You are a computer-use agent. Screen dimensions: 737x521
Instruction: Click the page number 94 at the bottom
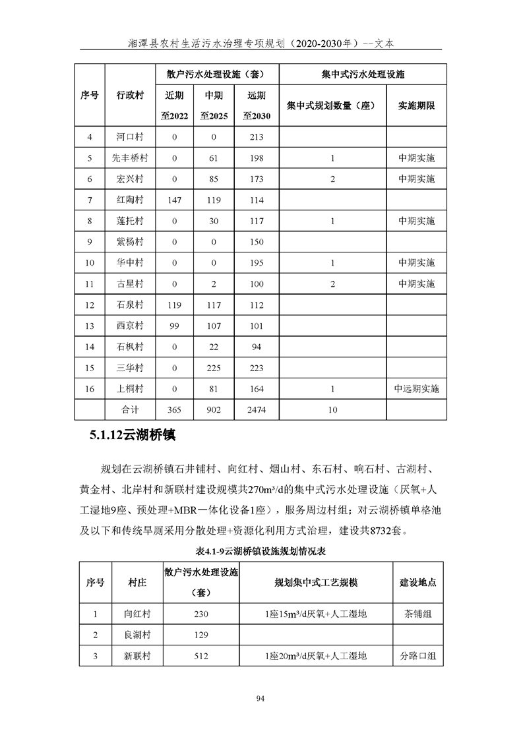[x=260, y=699]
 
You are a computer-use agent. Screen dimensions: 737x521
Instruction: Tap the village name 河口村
[x=130, y=137]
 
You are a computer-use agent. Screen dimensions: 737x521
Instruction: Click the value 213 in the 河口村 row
[x=257, y=137]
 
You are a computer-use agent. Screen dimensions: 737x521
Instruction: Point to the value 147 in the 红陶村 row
[x=175, y=200]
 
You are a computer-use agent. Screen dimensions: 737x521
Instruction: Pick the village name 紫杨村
[x=130, y=242]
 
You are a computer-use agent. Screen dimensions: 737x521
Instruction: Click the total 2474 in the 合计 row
[x=257, y=409]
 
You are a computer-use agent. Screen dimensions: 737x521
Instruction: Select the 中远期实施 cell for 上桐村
[x=416, y=388]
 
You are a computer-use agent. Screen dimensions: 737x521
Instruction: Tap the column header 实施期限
[x=416, y=105]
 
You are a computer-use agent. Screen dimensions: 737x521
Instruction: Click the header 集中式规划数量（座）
[x=332, y=105]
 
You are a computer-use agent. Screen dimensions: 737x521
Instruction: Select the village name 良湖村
[x=137, y=635]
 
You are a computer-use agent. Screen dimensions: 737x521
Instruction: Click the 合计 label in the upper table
[x=130, y=409]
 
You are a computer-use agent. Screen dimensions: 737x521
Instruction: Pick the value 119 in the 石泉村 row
[x=175, y=305]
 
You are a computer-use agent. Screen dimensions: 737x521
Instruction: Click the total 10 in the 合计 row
[x=332, y=409]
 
